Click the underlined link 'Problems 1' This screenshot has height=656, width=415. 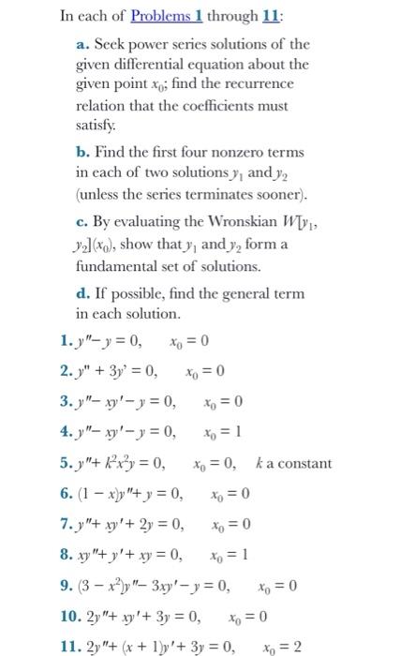(167, 18)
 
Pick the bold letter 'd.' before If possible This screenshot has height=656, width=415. (83, 293)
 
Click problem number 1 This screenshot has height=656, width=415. (63, 340)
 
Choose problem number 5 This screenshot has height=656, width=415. (63, 464)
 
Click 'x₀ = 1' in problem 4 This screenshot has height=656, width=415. (222, 433)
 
